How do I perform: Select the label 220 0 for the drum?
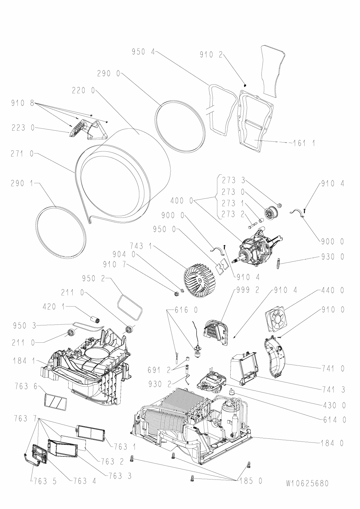coord(84,91)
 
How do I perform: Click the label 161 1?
coord(303,144)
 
